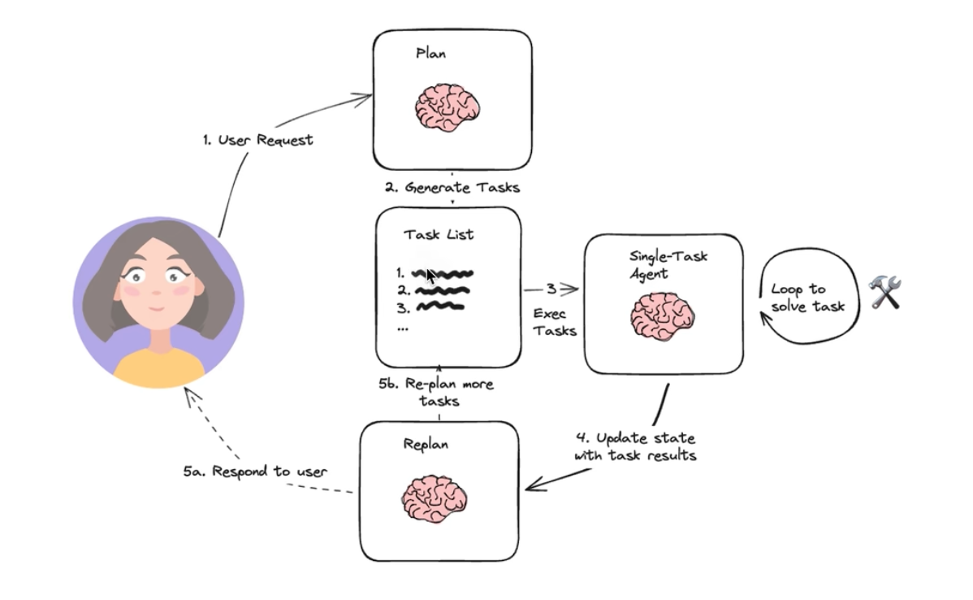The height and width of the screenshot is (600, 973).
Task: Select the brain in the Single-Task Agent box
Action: (662, 315)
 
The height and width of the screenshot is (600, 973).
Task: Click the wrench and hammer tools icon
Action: (885, 292)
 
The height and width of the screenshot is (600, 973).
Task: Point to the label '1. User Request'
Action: (257, 140)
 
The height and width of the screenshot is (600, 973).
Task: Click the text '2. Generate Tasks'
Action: (452, 187)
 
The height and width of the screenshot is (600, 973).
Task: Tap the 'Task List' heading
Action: (439, 235)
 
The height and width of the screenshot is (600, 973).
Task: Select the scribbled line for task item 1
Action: (444, 273)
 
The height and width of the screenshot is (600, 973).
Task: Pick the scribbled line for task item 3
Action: (439, 307)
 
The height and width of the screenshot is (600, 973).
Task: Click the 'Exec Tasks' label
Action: (555, 321)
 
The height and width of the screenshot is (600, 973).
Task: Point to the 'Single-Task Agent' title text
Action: (668, 264)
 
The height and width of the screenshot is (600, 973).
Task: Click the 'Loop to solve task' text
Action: (807, 298)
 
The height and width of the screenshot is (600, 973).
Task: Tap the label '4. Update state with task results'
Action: (635, 447)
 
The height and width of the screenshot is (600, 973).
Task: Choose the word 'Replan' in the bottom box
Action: (425, 445)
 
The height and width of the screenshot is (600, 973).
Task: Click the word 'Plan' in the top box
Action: (430, 54)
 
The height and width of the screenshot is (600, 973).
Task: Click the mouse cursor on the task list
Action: (430, 276)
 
